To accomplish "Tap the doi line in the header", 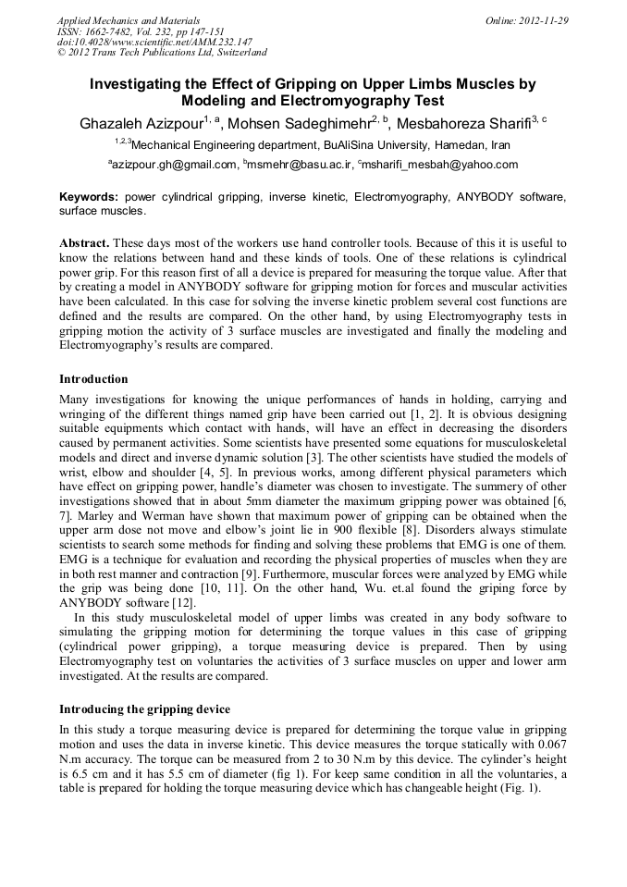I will (154, 42).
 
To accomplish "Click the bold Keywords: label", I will (89, 197).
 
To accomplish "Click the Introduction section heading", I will (93, 379).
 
